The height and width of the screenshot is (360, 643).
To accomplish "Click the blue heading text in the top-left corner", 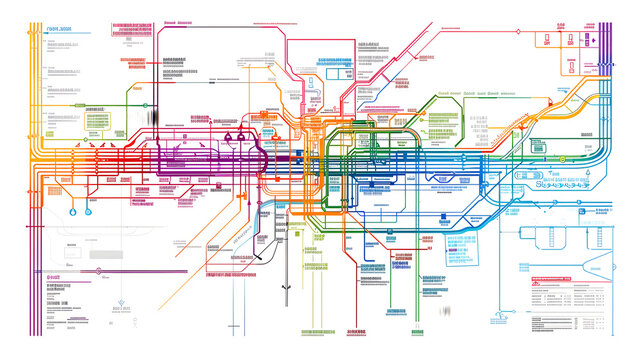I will (x=60, y=31).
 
